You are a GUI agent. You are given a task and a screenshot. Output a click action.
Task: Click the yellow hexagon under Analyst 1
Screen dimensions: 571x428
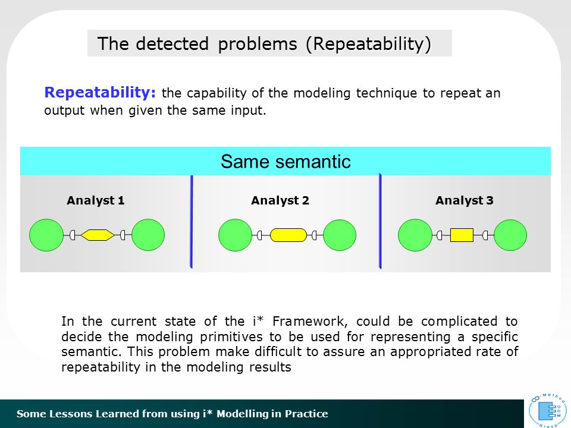(97, 235)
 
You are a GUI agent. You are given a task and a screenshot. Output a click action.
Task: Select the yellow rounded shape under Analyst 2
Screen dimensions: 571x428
(288, 235)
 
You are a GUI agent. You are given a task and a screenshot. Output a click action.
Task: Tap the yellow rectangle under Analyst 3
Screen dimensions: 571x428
(462, 235)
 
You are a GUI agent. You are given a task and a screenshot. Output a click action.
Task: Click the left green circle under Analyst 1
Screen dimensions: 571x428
(46, 235)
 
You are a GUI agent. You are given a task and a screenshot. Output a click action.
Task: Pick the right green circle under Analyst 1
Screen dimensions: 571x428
(148, 235)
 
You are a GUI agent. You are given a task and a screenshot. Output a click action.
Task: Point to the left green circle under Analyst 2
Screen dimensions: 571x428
(236, 235)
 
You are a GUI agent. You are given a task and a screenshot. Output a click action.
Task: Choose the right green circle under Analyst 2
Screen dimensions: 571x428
(340, 235)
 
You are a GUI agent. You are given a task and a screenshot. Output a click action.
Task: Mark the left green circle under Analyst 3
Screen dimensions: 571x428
(415, 235)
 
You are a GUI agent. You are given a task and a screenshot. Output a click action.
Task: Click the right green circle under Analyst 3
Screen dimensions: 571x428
(510, 235)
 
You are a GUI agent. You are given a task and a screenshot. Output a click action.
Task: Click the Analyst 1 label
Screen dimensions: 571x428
(96, 200)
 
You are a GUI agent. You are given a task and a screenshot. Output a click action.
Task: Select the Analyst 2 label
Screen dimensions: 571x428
(280, 200)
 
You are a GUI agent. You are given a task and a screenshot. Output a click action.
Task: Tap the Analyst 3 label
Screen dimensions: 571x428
(465, 200)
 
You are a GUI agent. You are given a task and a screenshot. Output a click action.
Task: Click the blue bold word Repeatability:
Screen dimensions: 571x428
(100, 93)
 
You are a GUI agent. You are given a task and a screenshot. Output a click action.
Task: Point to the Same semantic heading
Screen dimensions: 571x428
(285, 161)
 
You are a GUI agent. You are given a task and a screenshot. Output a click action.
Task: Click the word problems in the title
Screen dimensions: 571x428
(258, 45)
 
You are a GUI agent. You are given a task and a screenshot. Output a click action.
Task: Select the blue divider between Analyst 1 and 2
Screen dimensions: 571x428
(192, 222)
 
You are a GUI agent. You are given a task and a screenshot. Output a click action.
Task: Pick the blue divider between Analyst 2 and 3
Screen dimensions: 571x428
(380, 221)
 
